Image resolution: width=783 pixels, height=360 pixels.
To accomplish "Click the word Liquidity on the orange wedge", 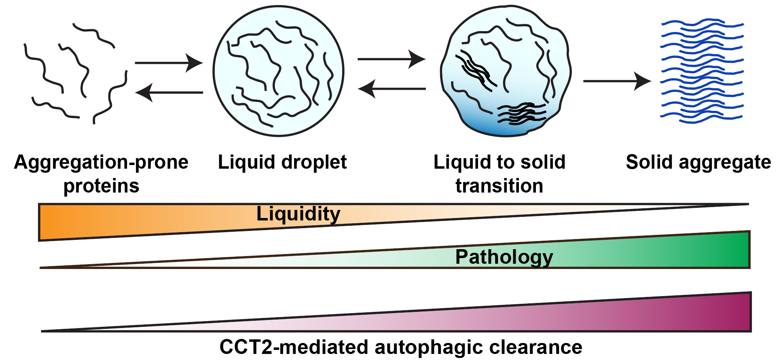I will [x=298, y=214].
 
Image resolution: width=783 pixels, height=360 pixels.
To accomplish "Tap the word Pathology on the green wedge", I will [x=504, y=257].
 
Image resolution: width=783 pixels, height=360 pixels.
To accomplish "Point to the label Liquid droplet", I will [x=282, y=162].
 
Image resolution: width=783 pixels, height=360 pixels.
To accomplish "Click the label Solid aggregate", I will [x=698, y=162].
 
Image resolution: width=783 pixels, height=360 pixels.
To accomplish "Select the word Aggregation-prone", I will [x=101, y=162].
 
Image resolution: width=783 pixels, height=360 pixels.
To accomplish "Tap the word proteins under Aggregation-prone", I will [x=101, y=186].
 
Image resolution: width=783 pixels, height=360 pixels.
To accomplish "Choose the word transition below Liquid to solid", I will [x=499, y=186].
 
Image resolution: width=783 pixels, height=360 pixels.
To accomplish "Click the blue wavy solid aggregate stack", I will [x=702, y=71].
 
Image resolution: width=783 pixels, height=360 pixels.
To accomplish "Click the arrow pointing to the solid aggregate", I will [x=616, y=81].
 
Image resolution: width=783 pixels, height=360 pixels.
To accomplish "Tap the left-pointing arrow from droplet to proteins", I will [x=169, y=92].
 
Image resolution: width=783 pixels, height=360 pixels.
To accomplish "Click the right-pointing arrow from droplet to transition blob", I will [x=391, y=59].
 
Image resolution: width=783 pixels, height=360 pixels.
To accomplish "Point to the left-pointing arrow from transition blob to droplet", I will [x=392, y=89].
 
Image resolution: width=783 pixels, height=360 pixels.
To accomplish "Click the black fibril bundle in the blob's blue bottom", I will [x=521, y=113].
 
